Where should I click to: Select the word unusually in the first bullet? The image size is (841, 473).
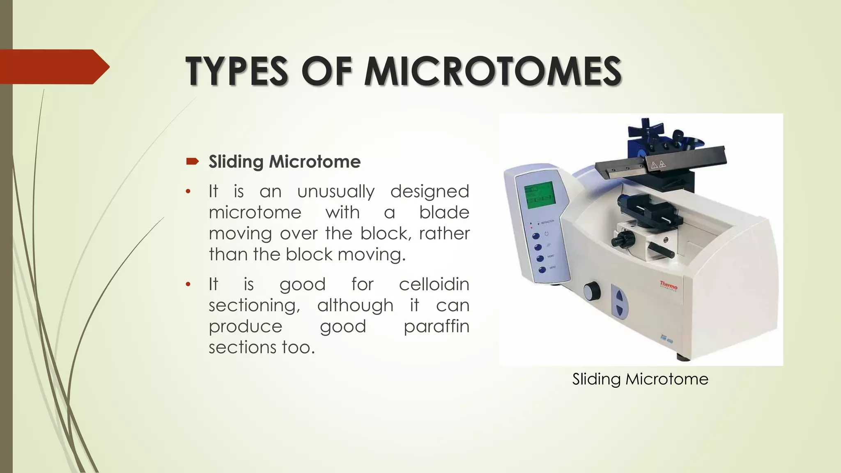(x=335, y=191)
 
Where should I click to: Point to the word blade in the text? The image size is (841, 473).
(x=444, y=212)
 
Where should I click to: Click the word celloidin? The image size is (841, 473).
(x=434, y=284)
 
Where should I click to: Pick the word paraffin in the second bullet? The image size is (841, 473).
(x=436, y=326)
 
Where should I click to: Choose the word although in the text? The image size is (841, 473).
(x=355, y=305)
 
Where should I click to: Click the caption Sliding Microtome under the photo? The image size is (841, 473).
(x=640, y=379)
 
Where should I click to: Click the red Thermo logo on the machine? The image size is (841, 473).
(x=669, y=285)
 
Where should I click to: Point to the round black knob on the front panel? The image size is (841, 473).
(x=592, y=291)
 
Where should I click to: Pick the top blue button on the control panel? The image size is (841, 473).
(x=536, y=236)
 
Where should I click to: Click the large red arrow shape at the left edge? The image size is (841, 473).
(x=53, y=67)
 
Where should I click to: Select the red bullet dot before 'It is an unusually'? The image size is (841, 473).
(x=188, y=192)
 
